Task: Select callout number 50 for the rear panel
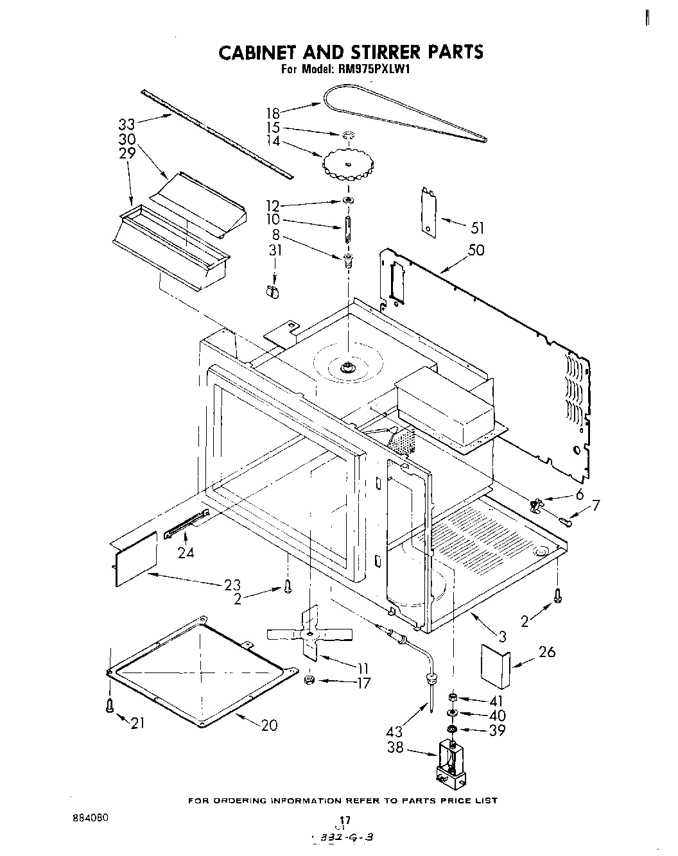[476, 250]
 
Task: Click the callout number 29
[126, 154]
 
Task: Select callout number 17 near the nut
[363, 683]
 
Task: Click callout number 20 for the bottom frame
[270, 725]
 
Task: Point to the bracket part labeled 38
[453, 764]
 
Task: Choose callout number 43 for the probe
[395, 730]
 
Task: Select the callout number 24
[186, 551]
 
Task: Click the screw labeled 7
[565, 522]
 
